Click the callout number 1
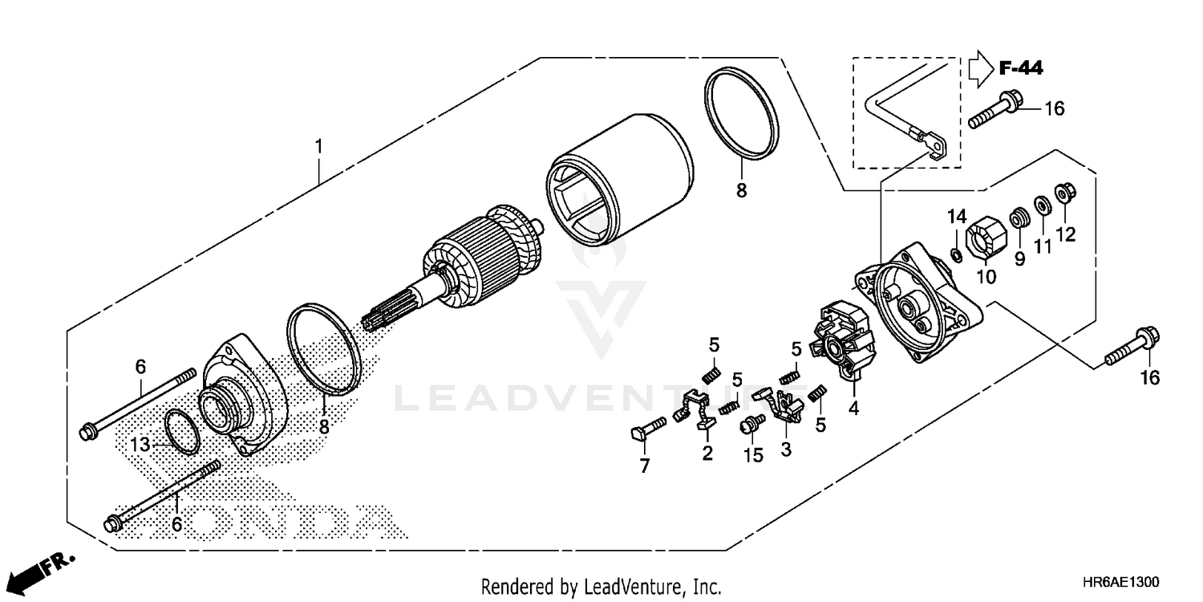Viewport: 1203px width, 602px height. tap(318, 147)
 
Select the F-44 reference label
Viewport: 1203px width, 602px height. tap(1021, 69)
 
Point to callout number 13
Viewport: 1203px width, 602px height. tap(140, 444)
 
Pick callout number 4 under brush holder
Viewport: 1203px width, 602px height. tap(853, 408)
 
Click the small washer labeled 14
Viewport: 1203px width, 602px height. tap(956, 254)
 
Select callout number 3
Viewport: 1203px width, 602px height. tap(786, 450)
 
